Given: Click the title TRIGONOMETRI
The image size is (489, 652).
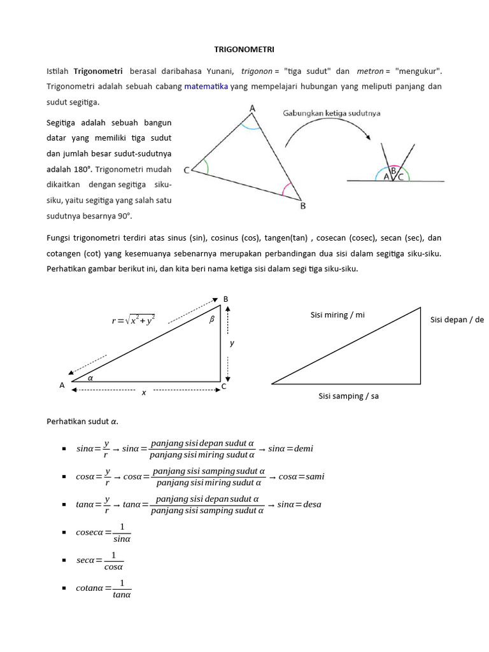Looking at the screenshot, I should point(244,48).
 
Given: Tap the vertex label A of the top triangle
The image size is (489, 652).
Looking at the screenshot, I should point(252,109).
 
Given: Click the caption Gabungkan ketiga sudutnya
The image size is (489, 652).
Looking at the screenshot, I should point(331,113).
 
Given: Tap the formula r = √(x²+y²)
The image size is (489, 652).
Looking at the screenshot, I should point(133,321).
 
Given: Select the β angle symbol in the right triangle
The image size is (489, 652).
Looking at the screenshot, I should point(212,320).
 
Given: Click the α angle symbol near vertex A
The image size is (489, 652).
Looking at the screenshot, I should point(90,377).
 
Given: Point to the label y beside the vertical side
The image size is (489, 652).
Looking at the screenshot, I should point(232,343).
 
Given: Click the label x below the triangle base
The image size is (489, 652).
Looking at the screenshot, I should point(144,393).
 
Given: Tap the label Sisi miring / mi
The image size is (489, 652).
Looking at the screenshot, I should point(337,315).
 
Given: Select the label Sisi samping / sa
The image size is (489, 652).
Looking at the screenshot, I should point(348,396).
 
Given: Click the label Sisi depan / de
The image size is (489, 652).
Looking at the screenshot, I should point(457,319).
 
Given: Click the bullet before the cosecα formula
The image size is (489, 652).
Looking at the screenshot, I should point(64,533).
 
